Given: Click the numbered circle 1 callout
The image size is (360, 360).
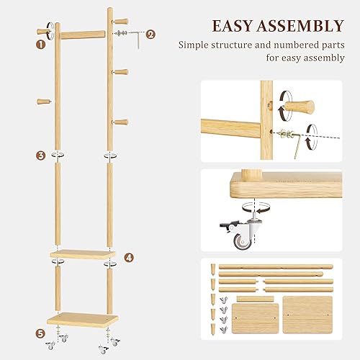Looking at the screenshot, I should pos(41,43).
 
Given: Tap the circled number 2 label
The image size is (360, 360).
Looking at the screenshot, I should pos(150,33).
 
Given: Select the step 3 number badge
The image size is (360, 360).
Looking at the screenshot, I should pos(41,155).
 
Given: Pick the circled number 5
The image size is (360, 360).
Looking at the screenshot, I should pos(41,333).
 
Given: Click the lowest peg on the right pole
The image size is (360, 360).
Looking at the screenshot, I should pos(120,123).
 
